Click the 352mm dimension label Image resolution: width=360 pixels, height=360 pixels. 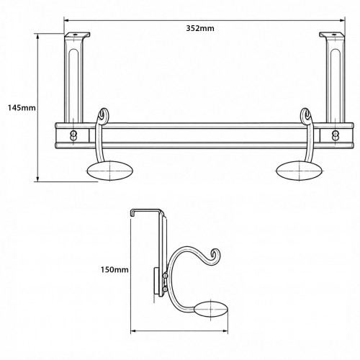pos(200,28)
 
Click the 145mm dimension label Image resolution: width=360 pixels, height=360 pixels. pos(22,108)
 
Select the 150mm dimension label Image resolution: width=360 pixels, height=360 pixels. pos(114,270)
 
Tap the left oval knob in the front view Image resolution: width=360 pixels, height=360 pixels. pos(110,171)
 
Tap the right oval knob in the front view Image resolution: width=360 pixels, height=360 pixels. pos(300,171)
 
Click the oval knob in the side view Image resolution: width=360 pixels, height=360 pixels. pos(212,310)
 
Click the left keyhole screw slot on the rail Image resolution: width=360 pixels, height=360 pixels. pos(73,135)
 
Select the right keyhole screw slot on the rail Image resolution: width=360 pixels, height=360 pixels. pos(335,135)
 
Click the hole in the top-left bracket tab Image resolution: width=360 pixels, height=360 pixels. pos(75,35)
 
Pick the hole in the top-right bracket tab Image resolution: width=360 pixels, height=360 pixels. pos(333,35)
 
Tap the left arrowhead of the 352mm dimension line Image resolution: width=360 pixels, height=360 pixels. pos(66,20)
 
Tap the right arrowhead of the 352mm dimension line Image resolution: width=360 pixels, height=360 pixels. pos(343,20)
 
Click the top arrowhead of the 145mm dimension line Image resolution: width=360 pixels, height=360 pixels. pos(37,36)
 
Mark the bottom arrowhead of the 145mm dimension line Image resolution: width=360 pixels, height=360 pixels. pos(37,179)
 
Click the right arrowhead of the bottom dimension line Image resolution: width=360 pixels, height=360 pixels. pos(225,331)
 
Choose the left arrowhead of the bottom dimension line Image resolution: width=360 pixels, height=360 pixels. pos(133,331)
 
